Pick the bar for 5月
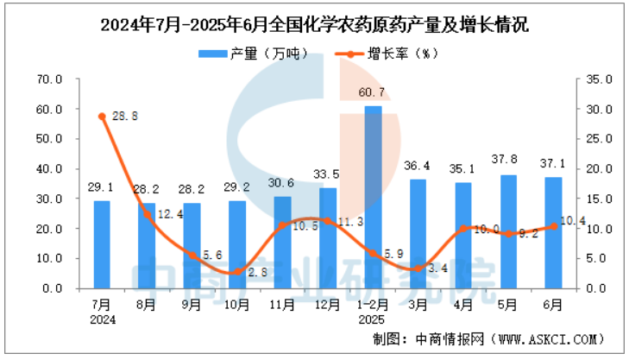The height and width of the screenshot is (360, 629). pos(509,231)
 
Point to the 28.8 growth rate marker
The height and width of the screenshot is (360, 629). pos(102,117)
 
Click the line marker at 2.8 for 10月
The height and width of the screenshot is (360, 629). pos(237,272)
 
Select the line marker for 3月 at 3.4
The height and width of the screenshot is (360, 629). pos(418,268)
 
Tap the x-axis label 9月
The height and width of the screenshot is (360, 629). pos(192,304)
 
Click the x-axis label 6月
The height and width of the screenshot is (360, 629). pos(554,304)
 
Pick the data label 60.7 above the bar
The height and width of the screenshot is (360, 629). pos(373,92)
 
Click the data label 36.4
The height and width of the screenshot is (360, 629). pos(418,166)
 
